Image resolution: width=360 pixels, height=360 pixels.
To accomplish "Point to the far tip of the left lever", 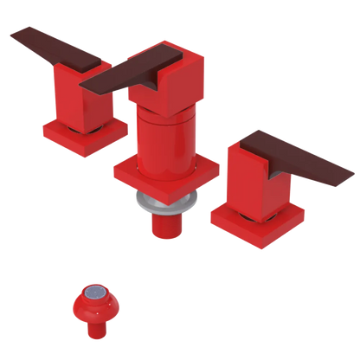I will click(12, 35).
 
